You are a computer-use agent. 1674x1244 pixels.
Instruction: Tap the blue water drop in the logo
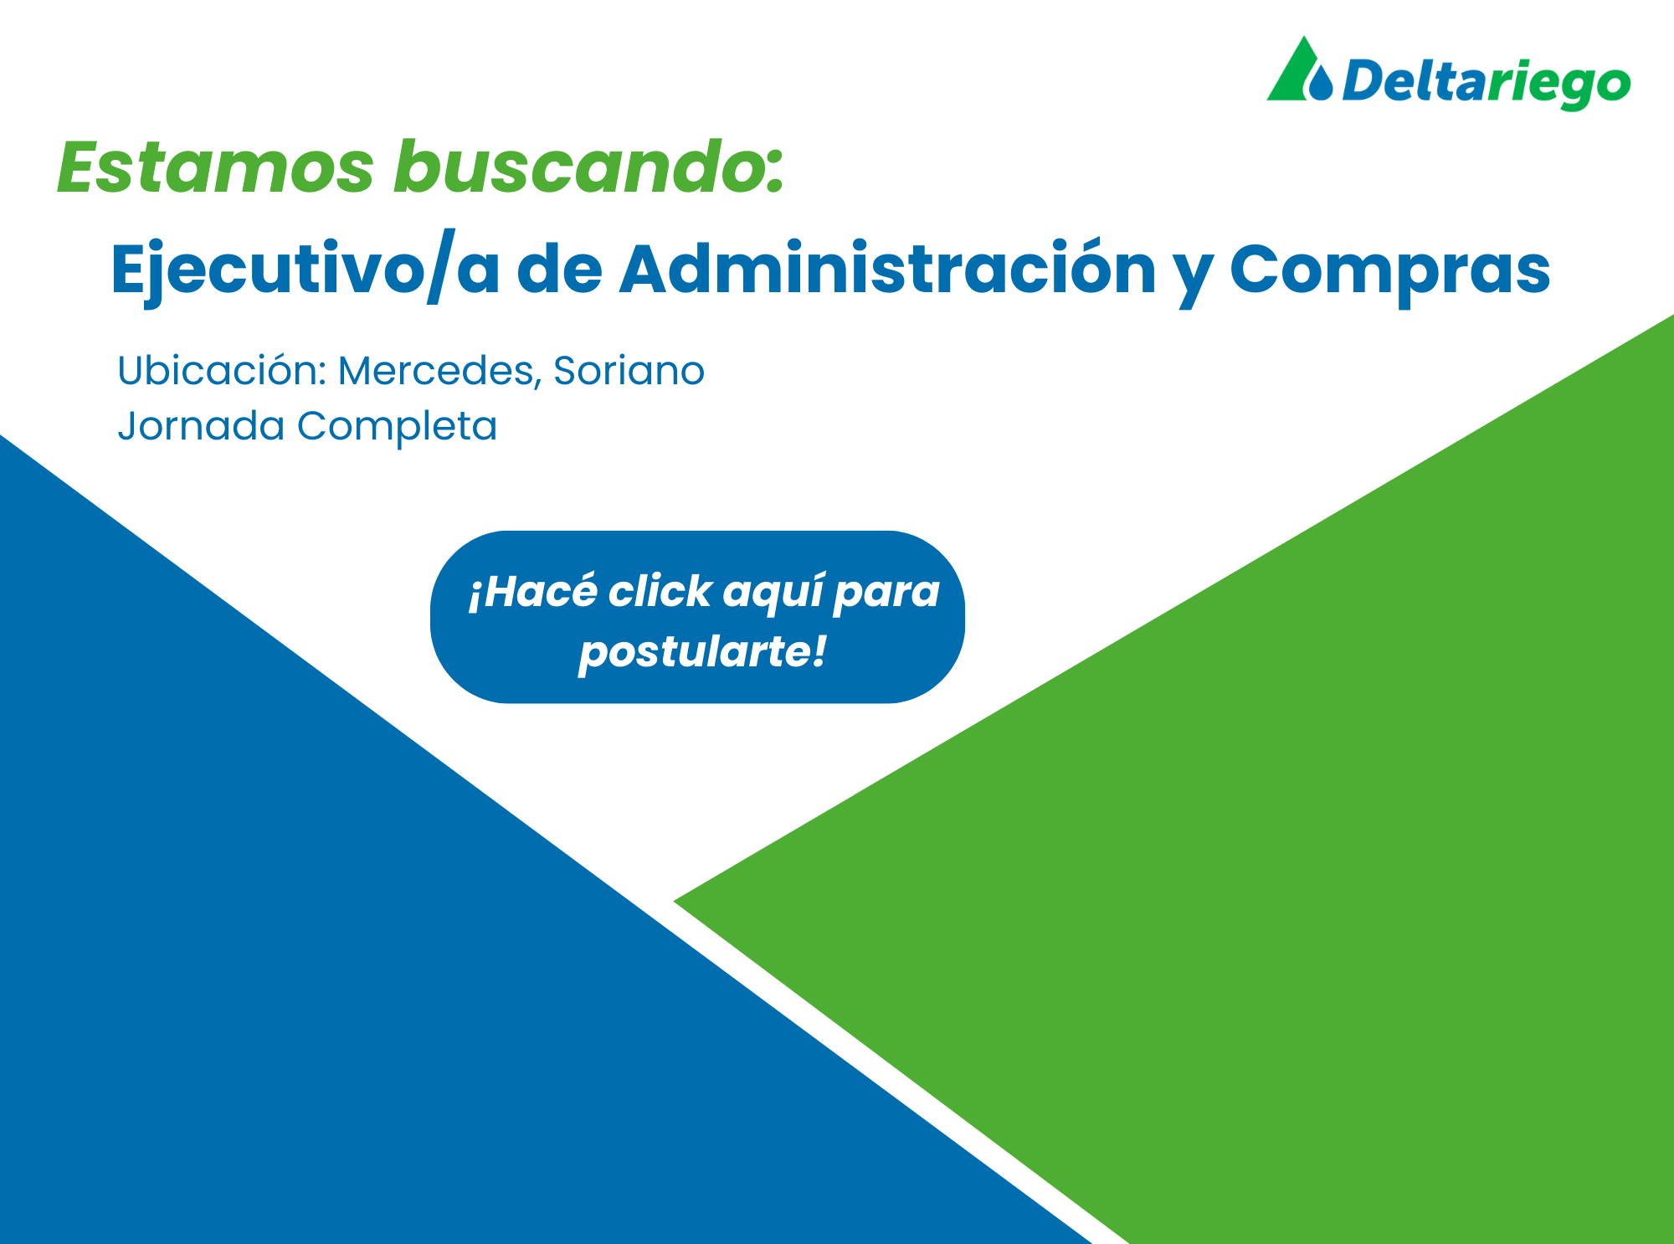(1321, 84)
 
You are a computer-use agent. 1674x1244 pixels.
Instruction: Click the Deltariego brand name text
(1487, 82)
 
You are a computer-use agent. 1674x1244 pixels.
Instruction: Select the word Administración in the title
(887, 270)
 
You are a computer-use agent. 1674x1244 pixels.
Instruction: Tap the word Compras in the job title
(1389, 270)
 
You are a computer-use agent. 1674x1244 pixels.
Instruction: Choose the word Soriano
(629, 370)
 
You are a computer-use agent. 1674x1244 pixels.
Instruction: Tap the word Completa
(397, 425)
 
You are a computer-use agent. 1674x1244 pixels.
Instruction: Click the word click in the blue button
(660, 591)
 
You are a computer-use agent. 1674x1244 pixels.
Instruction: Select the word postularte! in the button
(702, 651)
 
